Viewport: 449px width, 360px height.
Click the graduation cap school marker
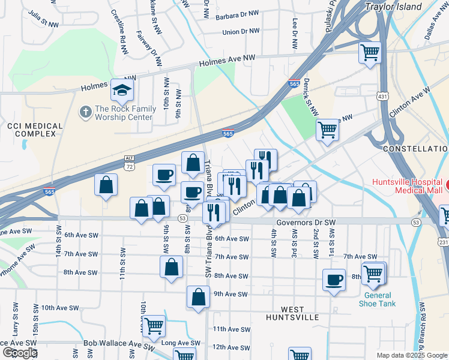tap(122, 91)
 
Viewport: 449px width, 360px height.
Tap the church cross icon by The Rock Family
tap(86, 112)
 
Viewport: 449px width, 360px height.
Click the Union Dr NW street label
tap(241, 31)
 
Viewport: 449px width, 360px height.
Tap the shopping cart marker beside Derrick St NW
tap(328, 130)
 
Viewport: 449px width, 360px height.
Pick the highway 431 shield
tap(384, 96)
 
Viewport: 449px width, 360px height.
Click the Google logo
tap(19, 353)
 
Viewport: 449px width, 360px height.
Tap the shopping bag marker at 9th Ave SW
tap(198, 297)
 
